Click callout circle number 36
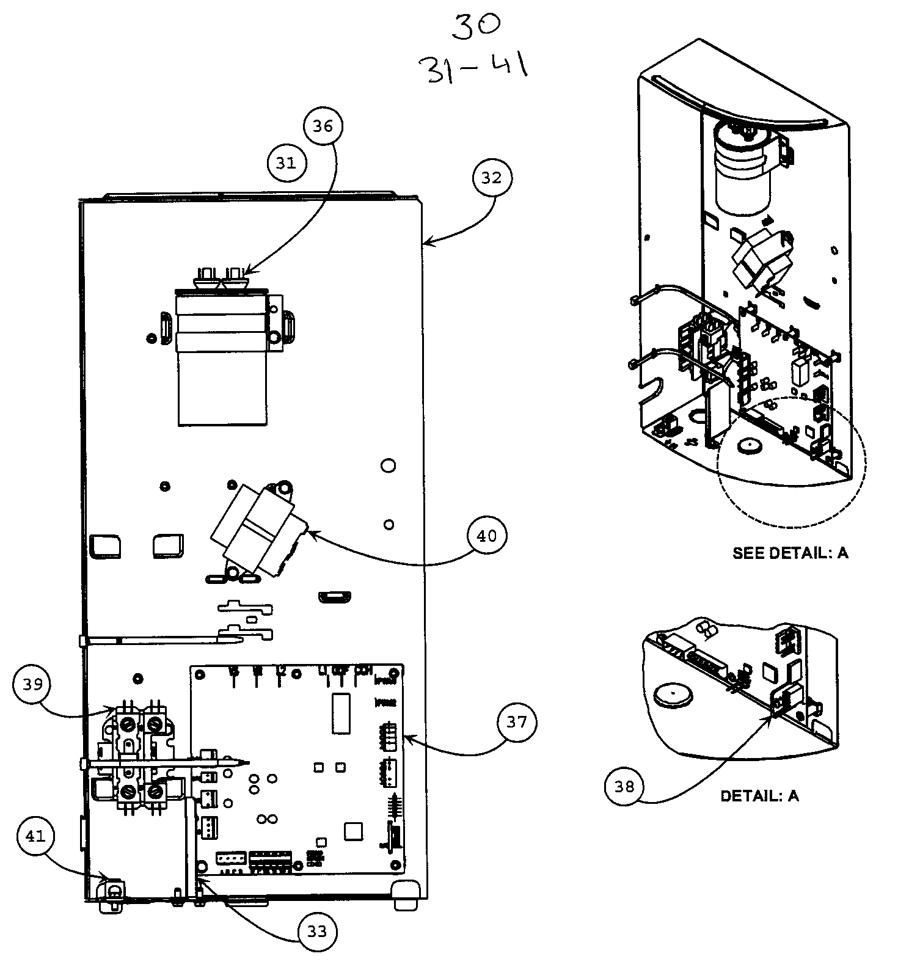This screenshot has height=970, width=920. [323, 126]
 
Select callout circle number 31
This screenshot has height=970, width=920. [286, 163]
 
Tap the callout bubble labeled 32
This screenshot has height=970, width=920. [492, 178]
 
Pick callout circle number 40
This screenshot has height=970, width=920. [486, 536]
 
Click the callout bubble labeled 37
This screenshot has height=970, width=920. [517, 722]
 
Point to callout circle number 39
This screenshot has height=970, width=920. [32, 685]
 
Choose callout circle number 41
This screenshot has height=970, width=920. [36, 836]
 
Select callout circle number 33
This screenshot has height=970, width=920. [317, 932]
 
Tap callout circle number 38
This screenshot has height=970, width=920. [624, 787]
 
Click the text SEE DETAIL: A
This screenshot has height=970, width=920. [790, 553]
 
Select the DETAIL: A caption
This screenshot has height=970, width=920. [759, 796]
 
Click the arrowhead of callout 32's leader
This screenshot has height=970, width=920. [426, 244]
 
